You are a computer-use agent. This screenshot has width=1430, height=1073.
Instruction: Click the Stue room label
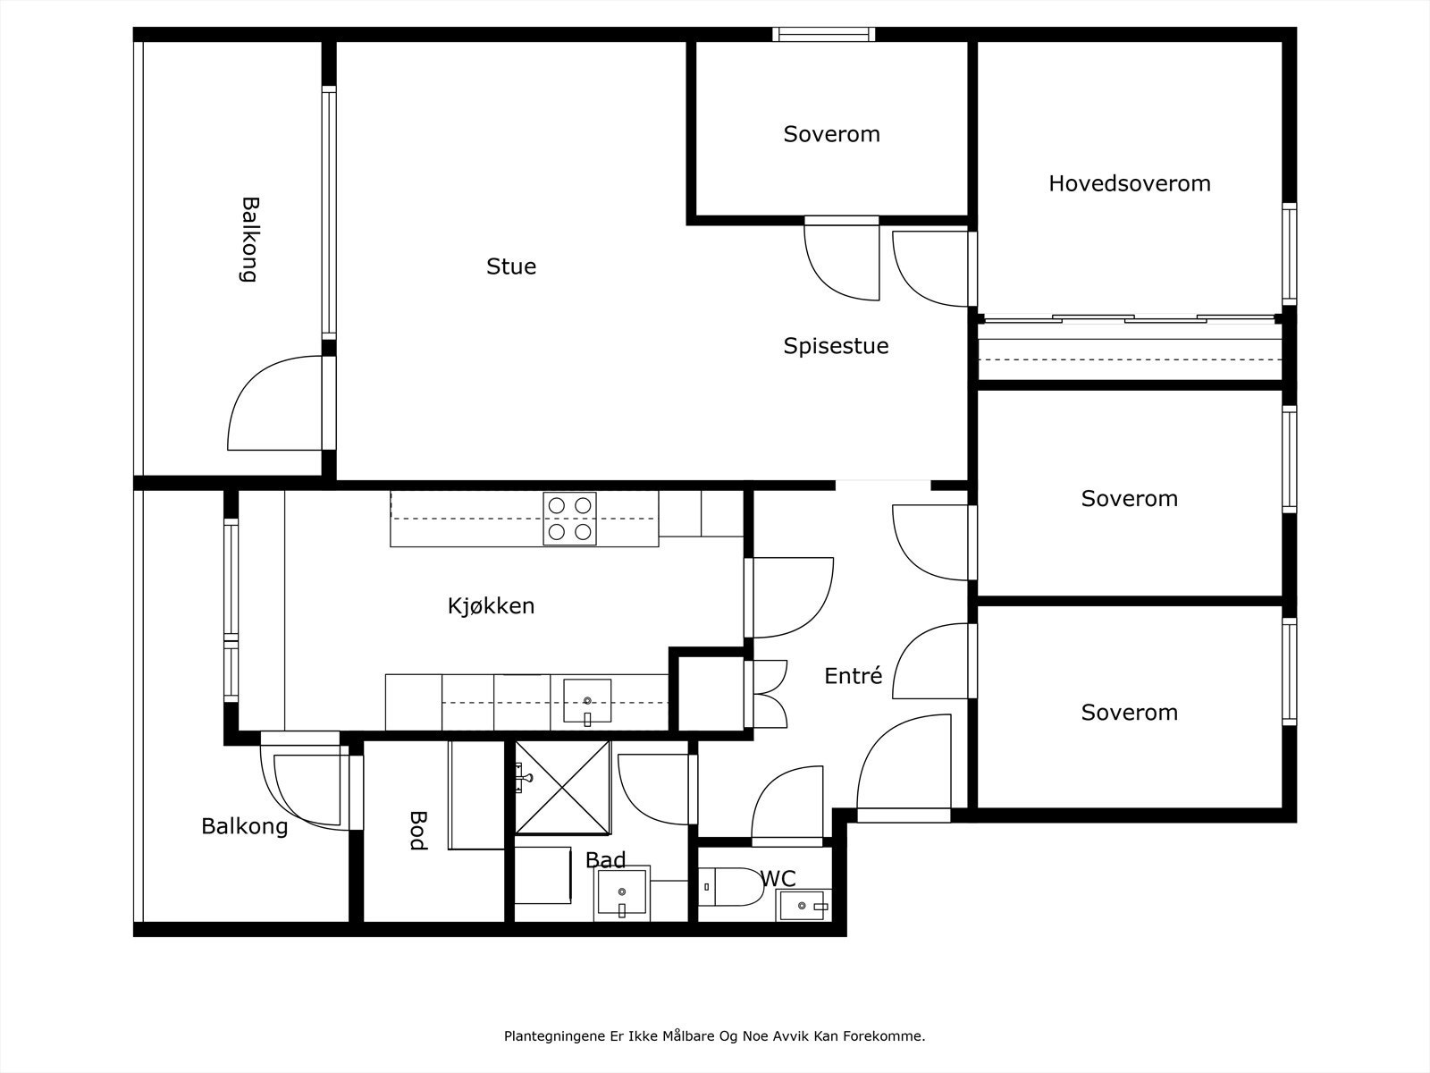pyautogui.click(x=511, y=266)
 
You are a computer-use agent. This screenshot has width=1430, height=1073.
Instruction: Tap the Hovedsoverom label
pyautogui.click(x=1130, y=183)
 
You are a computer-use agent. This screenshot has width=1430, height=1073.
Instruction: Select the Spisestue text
pyautogui.click(x=836, y=346)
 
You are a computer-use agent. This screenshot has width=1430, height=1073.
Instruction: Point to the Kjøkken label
pyautogui.click(x=492, y=606)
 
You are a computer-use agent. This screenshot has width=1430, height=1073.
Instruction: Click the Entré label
pyautogui.click(x=854, y=676)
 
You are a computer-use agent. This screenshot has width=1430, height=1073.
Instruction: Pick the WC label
pyautogui.click(x=778, y=878)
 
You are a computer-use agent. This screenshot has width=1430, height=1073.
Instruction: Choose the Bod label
pyautogui.click(x=417, y=831)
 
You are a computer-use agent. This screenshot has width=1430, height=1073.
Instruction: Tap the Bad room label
pyautogui.click(x=606, y=860)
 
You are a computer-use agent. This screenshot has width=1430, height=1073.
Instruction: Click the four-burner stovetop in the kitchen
pyautogui.click(x=569, y=519)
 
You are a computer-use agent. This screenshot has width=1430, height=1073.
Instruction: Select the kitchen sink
pyautogui.click(x=587, y=700)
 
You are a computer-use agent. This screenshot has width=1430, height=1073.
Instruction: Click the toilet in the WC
pyautogui.click(x=731, y=887)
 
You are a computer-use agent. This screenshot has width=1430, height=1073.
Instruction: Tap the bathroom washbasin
pyautogui.click(x=622, y=892)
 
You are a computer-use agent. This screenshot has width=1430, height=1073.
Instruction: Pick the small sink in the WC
pyautogui.click(x=803, y=906)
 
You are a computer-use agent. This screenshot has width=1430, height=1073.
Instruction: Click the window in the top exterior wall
pyautogui.click(x=823, y=35)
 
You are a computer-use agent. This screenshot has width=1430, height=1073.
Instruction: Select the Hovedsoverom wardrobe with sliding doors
pyautogui.click(x=1130, y=349)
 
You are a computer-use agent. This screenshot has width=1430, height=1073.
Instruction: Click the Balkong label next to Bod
pyautogui.click(x=244, y=827)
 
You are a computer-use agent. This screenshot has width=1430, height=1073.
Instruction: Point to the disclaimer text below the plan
pyautogui.click(x=715, y=1035)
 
